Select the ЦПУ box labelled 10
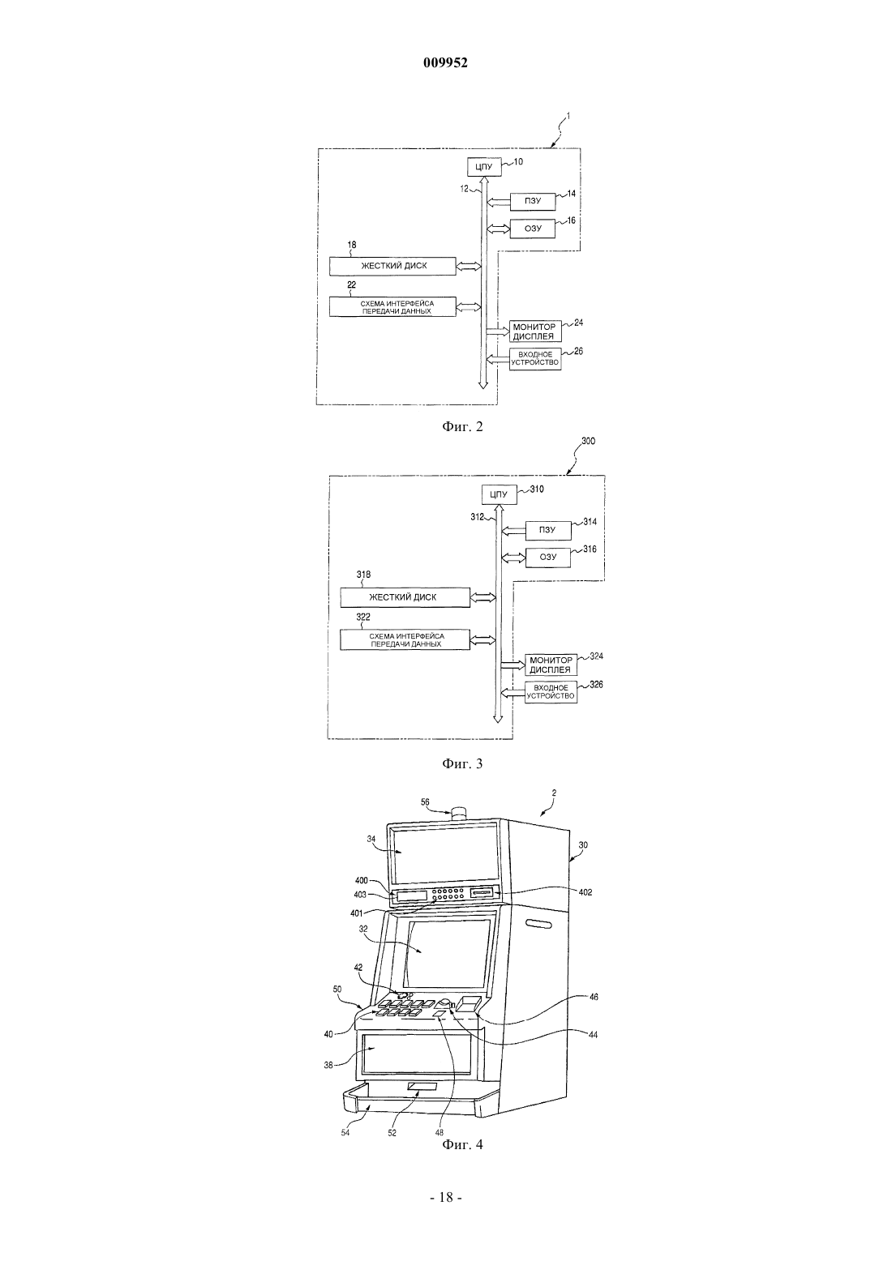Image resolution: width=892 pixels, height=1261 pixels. coord(484,167)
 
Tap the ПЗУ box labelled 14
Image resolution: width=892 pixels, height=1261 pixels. coord(533,201)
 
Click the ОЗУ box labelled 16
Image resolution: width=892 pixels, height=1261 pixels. coord(533,229)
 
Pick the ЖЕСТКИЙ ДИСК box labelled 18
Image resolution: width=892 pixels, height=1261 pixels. coord(392,266)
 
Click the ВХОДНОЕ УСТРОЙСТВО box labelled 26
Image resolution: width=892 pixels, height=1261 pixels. coord(534,358)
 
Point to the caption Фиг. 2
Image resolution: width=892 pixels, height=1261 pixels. coord(462,426)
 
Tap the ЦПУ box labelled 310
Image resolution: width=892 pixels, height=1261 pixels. coord(499,495)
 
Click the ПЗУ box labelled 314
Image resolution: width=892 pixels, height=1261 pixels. coord(548,530)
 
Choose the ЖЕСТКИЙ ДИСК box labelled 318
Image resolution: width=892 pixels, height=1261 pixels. coord(405,597)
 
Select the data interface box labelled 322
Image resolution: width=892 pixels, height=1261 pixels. coord(405,639)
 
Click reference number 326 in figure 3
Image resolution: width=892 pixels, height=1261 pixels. coord(596,685)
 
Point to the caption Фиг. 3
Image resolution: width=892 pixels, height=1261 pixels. coord(462,764)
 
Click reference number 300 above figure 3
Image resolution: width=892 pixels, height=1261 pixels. coord(587,442)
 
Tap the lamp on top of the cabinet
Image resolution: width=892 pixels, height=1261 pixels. coord(460,812)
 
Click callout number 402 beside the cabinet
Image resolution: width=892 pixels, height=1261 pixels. coord(585,892)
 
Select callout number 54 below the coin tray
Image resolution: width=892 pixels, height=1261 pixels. coord(345,1133)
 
